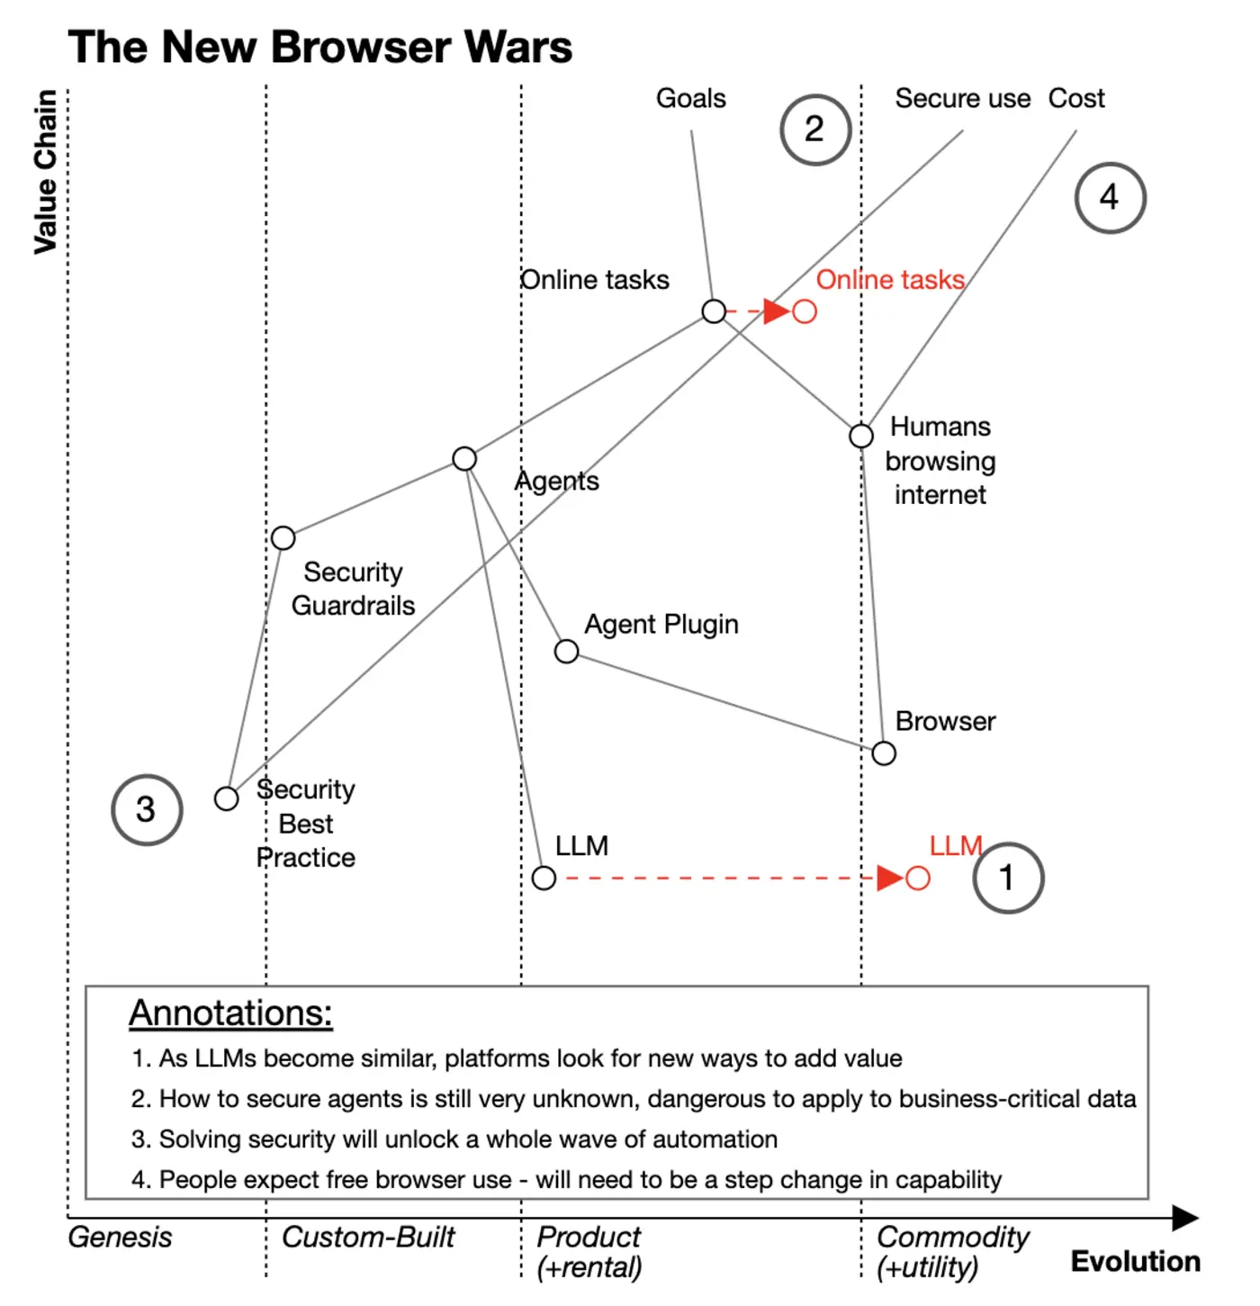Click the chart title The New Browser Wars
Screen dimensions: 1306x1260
click(319, 47)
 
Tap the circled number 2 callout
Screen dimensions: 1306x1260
click(814, 130)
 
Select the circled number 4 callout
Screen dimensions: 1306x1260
click(1110, 197)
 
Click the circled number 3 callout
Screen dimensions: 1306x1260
click(147, 809)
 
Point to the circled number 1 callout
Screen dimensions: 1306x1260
click(1008, 878)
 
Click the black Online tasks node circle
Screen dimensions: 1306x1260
click(714, 311)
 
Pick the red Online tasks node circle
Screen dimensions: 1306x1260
click(805, 311)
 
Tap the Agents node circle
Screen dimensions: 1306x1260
click(464, 459)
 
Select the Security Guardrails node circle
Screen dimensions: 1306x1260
click(283, 538)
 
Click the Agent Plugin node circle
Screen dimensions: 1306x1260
click(566, 651)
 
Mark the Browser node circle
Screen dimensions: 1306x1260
click(884, 753)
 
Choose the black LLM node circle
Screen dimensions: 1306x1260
click(544, 878)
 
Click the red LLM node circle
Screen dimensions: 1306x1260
click(917, 878)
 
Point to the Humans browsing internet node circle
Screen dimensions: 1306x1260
click(861, 436)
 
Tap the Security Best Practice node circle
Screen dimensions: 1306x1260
click(227, 798)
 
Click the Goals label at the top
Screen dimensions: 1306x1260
click(690, 98)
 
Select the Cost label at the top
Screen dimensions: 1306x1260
click(1076, 98)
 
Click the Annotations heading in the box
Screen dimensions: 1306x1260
click(230, 1013)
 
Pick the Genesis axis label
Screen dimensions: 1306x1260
click(120, 1237)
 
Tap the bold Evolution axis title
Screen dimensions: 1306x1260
click(1135, 1261)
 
